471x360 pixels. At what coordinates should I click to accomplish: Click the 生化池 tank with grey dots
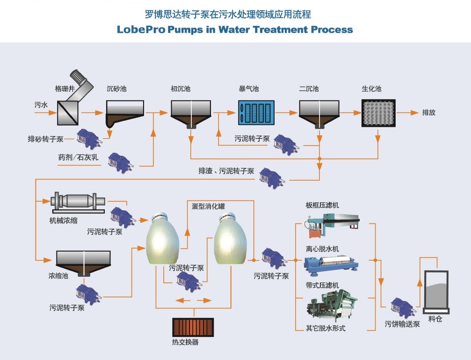pyautogui.click(x=378, y=113)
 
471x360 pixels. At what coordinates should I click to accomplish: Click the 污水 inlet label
pyautogui.click(x=41, y=105)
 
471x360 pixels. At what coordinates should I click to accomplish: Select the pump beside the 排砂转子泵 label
pyautogui.click(x=88, y=138)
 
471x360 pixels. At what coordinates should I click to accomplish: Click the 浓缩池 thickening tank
pyautogui.click(x=84, y=262)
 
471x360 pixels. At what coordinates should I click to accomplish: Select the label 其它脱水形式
pyautogui.click(x=326, y=329)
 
